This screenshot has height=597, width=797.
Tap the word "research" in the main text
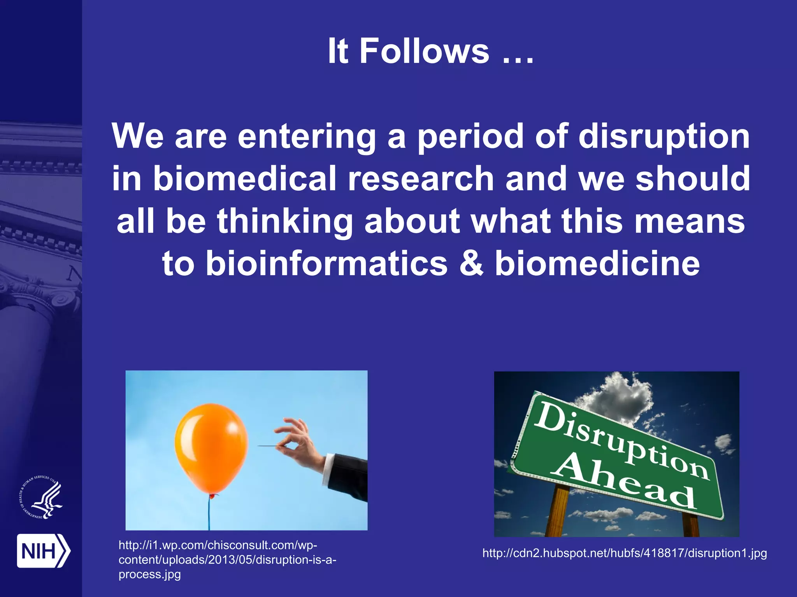pos(420,179)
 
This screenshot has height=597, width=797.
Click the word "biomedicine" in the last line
pos(597,264)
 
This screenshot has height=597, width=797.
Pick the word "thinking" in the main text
pos(284,221)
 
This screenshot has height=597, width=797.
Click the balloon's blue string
pos(209,513)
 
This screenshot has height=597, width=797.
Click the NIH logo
pos(43,551)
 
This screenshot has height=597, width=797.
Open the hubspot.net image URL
pos(624,553)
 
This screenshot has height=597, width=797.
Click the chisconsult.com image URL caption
pos(227,560)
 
